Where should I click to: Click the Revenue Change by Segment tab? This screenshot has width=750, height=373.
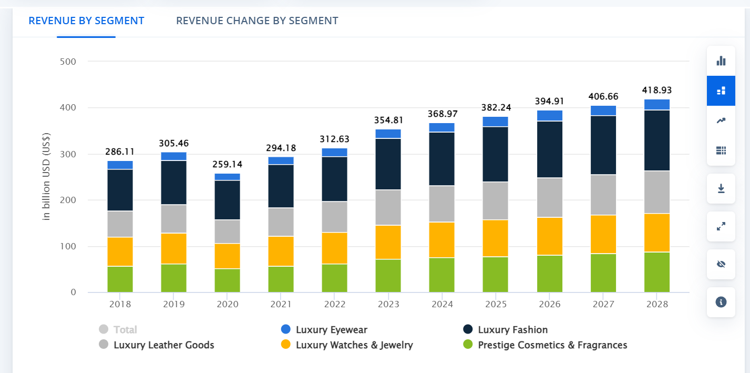(257, 21)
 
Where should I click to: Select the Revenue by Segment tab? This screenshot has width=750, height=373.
(86, 21)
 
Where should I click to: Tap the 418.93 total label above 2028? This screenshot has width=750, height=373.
(657, 90)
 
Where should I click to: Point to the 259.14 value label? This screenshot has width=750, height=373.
(228, 164)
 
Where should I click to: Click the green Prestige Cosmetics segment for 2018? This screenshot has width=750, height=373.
(120, 279)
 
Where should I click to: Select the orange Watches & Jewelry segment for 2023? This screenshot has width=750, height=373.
(388, 242)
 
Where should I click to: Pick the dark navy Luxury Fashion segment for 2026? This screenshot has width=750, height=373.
(550, 149)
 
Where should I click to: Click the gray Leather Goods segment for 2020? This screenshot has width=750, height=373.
(228, 231)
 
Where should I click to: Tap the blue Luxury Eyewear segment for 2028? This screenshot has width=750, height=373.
(657, 104)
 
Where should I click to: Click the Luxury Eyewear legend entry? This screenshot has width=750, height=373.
(331, 330)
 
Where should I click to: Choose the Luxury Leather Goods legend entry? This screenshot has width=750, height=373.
(163, 345)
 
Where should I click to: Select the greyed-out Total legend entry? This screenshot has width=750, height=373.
(125, 330)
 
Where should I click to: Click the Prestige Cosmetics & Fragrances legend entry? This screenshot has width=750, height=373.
(552, 345)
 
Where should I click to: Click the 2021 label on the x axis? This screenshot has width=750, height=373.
(281, 304)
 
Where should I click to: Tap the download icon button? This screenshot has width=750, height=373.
(721, 188)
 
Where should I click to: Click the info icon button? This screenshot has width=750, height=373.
(721, 302)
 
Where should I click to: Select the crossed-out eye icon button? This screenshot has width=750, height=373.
(721, 264)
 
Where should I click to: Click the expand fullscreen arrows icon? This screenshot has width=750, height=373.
(721, 226)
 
